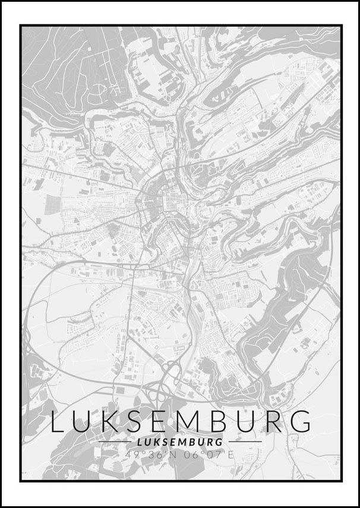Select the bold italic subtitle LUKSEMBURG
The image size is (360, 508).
click(179, 442)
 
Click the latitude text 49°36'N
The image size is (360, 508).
click(147, 455)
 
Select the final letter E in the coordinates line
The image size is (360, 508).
click(231, 455)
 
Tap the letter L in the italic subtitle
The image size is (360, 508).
click(139, 442)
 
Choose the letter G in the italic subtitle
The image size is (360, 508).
click(220, 442)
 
